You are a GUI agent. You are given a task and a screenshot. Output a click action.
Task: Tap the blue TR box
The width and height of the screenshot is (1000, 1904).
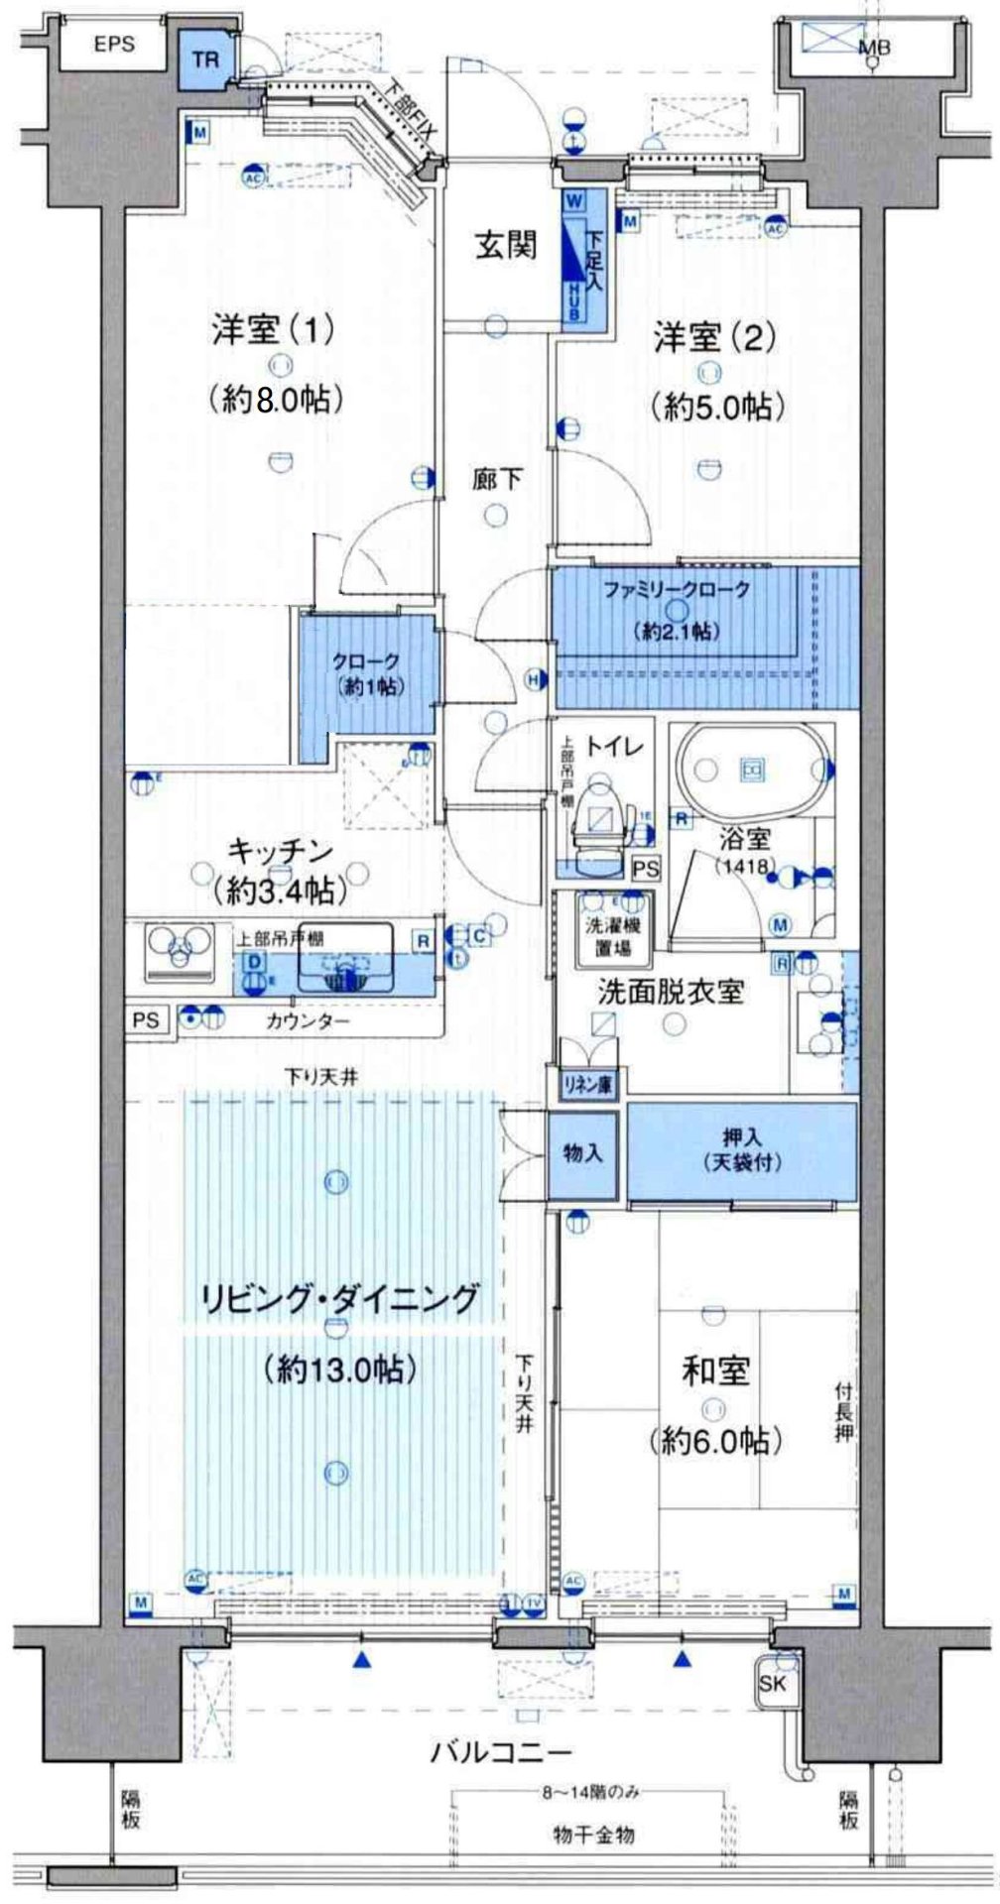coord(205,59)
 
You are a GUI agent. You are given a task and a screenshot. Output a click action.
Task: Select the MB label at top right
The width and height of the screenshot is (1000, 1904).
coord(874,46)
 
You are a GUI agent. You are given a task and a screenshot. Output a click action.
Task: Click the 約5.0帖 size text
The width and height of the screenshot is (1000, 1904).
coord(716,407)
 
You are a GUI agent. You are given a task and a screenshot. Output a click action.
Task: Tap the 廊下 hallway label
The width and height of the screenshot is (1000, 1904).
coord(495,480)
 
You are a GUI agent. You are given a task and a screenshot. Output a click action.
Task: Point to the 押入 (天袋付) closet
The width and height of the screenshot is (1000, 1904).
coord(742,1152)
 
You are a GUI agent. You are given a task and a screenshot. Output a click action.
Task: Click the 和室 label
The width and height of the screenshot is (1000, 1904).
coord(715,1372)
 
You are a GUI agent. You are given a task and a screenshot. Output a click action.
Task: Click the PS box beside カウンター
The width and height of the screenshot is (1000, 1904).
coord(145,1020)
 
